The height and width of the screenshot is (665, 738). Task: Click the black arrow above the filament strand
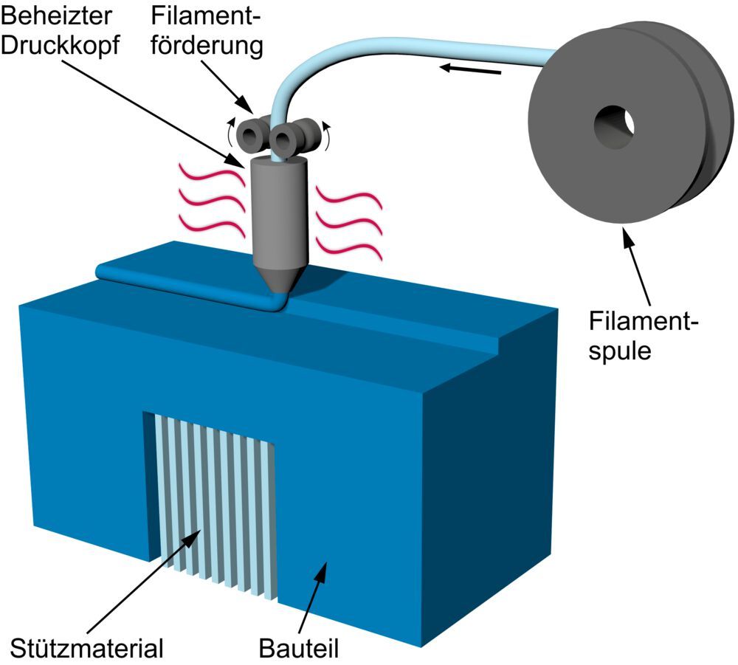pos(472,70)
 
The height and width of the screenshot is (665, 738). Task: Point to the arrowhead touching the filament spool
pos(624,236)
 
